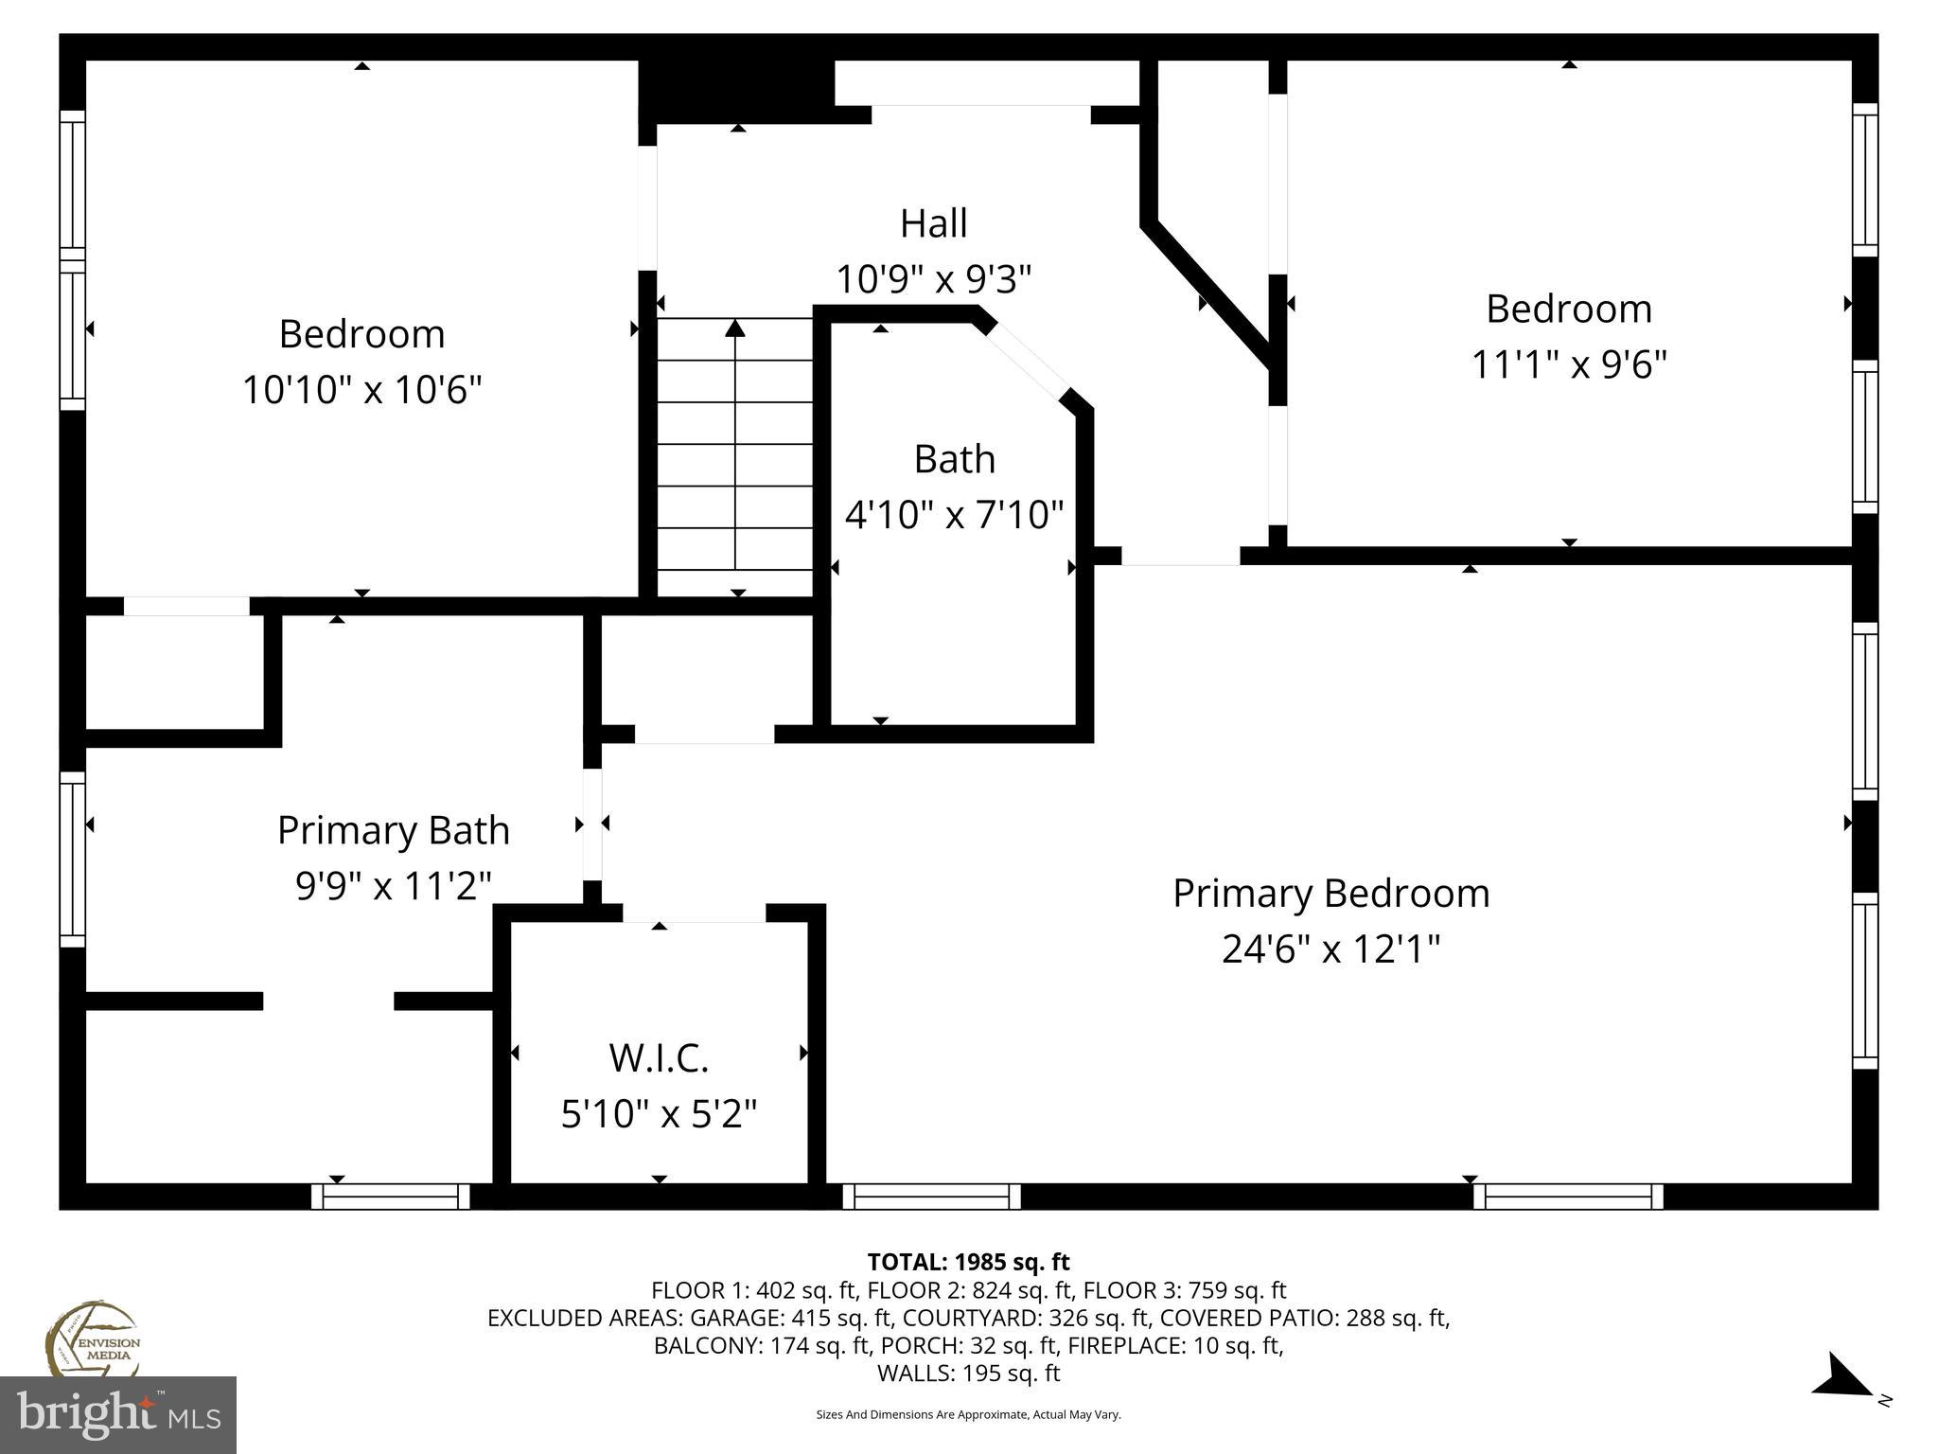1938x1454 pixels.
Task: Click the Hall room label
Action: (x=933, y=224)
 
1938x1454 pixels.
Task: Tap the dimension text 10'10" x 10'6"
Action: (x=362, y=390)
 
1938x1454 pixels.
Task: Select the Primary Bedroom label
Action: (x=1330, y=894)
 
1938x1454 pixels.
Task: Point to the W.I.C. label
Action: (x=659, y=1057)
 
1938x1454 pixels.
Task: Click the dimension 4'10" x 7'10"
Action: (x=954, y=515)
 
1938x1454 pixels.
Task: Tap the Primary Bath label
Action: (x=393, y=831)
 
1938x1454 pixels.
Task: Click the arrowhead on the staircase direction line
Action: (x=735, y=328)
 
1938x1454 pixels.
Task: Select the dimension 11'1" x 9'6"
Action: (x=1568, y=364)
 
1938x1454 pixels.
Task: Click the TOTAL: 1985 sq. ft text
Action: (x=968, y=1262)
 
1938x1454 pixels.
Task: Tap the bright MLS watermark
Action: (x=118, y=1415)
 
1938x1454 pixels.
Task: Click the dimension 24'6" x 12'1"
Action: (x=1330, y=949)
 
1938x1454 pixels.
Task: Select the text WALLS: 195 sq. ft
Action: (x=968, y=1373)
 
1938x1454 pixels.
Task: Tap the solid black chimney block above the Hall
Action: (x=736, y=91)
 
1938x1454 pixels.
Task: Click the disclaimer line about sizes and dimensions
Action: (x=968, y=1415)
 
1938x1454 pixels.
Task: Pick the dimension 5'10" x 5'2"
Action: (x=659, y=1114)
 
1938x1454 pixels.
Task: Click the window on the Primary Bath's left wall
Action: (x=72, y=859)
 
